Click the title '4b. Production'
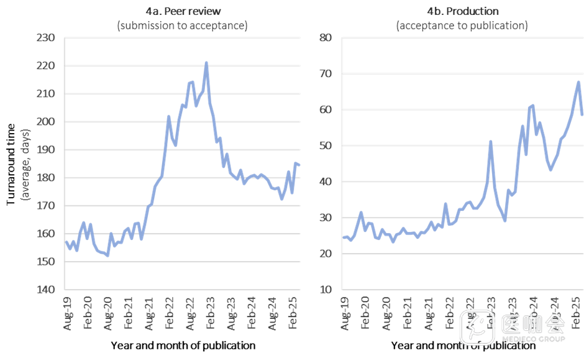point(462,11)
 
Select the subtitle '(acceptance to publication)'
point(462,25)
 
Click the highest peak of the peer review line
point(206,63)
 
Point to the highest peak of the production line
point(578,82)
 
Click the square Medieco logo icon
point(477,328)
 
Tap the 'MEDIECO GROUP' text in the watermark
point(533,339)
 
